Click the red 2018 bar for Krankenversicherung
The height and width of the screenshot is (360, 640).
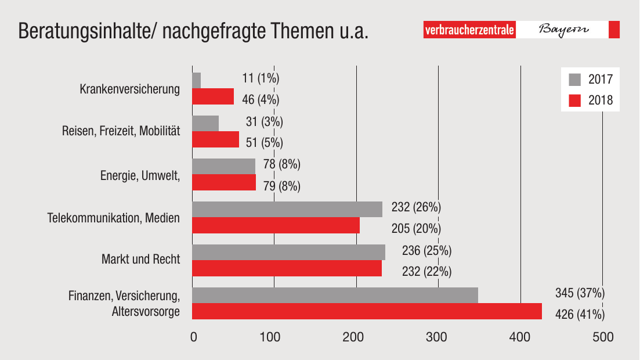click(x=213, y=96)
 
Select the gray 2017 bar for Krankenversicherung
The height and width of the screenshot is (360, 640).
click(x=196, y=81)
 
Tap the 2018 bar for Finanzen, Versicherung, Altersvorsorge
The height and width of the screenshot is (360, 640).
click(x=367, y=311)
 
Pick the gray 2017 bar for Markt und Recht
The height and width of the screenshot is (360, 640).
click(x=288, y=252)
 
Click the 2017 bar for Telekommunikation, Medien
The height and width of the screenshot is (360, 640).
click(x=287, y=209)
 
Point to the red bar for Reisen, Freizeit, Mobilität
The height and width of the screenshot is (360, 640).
click(x=215, y=139)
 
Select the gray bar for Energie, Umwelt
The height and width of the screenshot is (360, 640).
click(x=223, y=166)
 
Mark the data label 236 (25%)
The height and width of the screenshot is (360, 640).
click(x=426, y=251)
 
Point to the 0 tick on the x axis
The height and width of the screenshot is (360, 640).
click(x=194, y=337)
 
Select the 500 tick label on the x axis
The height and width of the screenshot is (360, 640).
click(x=602, y=337)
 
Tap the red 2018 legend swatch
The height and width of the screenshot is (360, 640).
click(x=574, y=100)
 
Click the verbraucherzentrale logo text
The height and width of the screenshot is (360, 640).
click(x=469, y=30)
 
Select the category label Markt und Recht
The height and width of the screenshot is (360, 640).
click(x=141, y=259)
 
